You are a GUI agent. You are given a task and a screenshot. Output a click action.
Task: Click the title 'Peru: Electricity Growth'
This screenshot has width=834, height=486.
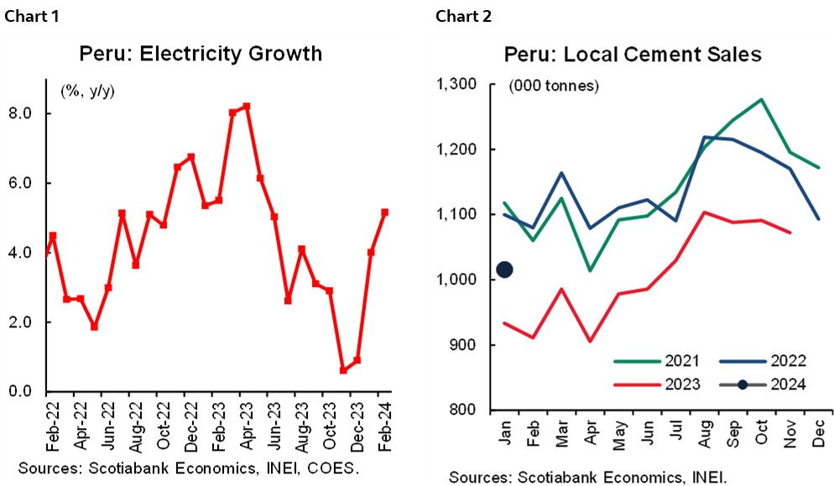coord(201,54)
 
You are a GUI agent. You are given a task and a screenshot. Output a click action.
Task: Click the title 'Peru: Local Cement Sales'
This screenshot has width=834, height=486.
coord(632,55)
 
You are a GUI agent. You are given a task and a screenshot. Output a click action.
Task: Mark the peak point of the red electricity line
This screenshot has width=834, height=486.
coord(246,107)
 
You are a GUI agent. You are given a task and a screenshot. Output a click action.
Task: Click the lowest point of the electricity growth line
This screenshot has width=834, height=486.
coord(342,370)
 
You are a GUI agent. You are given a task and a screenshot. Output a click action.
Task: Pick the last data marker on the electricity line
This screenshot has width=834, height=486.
coord(384,212)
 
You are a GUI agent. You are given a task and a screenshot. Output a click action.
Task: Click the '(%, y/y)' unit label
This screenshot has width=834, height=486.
coord(87,90)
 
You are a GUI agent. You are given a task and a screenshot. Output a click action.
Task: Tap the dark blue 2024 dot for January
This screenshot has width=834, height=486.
coord(505,269)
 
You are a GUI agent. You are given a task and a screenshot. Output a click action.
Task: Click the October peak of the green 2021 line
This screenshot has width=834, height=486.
coord(761,99)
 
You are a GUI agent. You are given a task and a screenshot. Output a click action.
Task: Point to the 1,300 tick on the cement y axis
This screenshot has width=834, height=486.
coord(456,84)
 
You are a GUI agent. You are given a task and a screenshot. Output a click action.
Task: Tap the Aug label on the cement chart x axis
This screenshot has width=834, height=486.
coord(703,431)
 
